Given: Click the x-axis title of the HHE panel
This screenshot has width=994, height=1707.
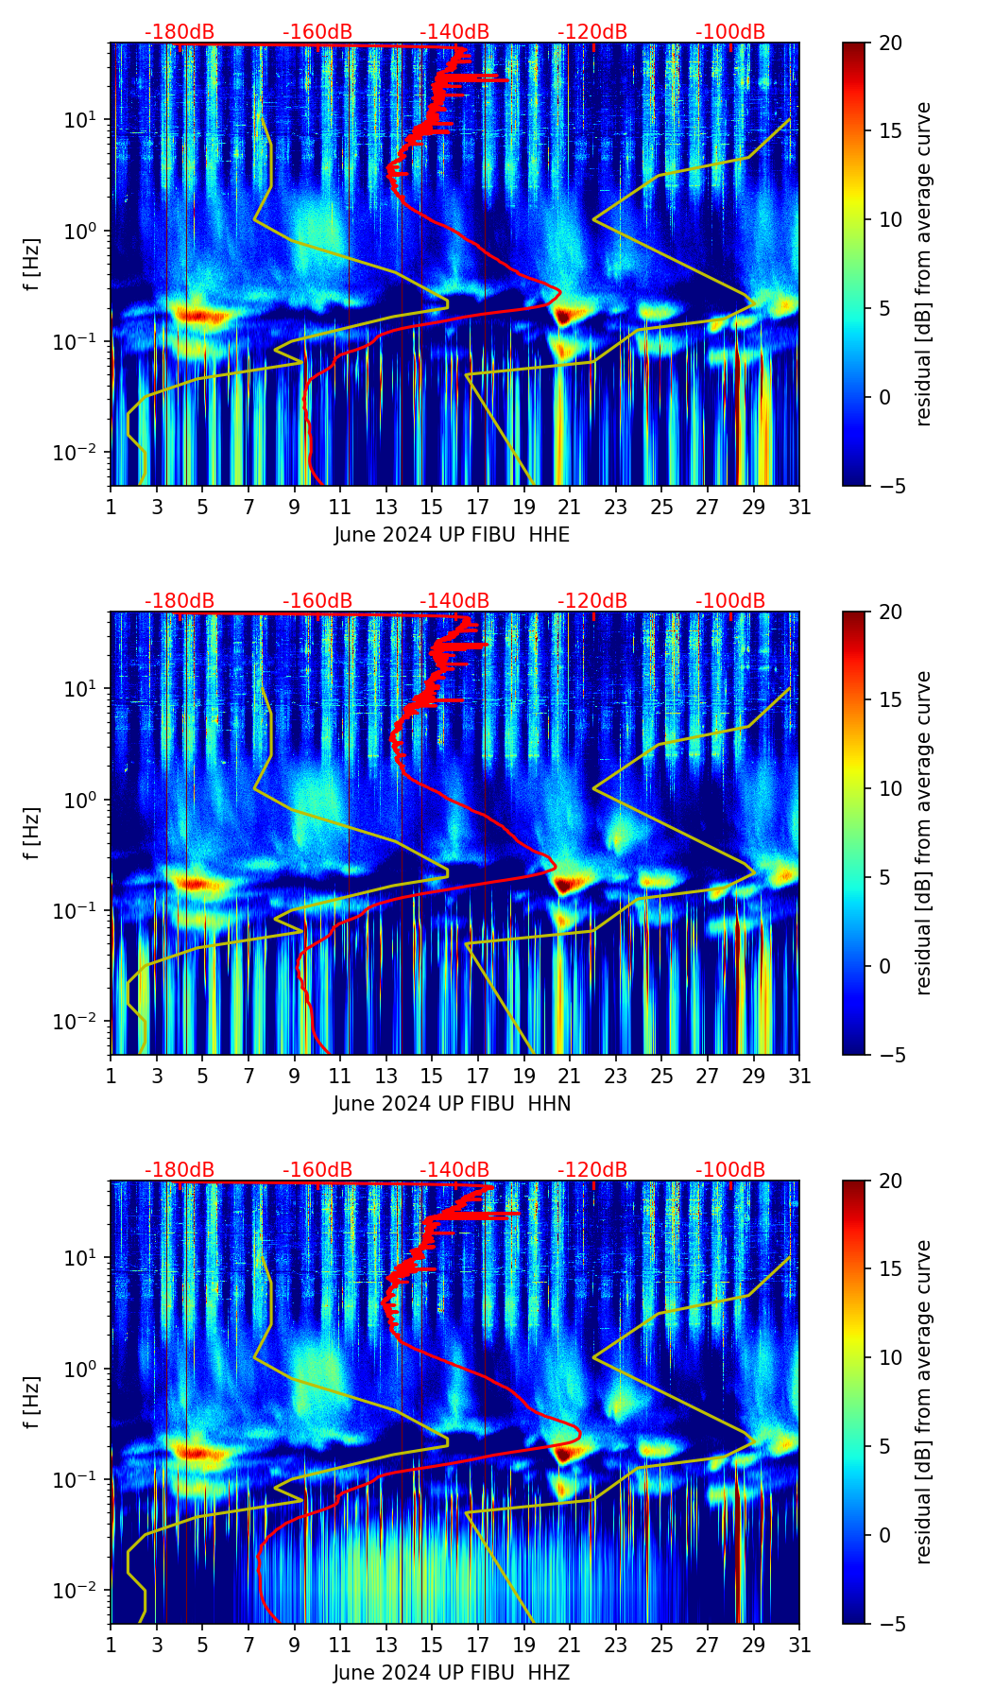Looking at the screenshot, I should [x=452, y=535].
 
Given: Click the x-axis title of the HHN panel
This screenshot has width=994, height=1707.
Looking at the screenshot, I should [x=452, y=1104].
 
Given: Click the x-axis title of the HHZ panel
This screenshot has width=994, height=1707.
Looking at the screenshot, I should [x=452, y=1673].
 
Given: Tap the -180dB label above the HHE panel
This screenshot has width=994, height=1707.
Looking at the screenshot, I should [x=180, y=32].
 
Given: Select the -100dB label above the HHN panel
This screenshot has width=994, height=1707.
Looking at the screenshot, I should [x=730, y=601].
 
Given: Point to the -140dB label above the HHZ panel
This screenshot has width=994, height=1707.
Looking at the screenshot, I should [x=454, y=1170].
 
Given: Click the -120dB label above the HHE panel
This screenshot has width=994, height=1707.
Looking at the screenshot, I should [x=592, y=32].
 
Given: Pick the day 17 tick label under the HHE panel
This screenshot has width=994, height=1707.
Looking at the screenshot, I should [x=478, y=507].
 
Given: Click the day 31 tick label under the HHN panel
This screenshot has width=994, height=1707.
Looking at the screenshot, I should [x=799, y=1076].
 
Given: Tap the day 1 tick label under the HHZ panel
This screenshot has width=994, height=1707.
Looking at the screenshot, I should [x=111, y=1645].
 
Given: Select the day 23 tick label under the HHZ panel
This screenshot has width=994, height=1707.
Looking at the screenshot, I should [x=616, y=1645].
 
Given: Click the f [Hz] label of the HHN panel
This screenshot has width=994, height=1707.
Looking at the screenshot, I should [x=33, y=833].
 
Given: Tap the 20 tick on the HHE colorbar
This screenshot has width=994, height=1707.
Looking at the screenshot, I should [x=889, y=43].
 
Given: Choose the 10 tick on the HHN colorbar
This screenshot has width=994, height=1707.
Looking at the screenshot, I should [x=889, y=788].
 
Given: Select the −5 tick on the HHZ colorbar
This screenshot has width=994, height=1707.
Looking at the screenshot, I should [x=889, y=1624].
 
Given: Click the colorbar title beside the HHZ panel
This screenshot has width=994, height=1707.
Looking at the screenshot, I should [x=923, y=1402].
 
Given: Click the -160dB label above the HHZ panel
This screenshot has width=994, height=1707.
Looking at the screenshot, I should [x=317, y=1170].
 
